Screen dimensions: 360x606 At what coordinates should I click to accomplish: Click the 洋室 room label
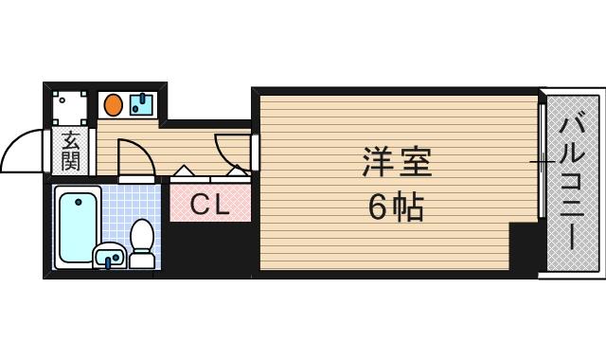396,164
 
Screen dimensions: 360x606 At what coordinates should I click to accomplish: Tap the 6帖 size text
396,207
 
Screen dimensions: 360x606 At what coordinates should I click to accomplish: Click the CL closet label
210,204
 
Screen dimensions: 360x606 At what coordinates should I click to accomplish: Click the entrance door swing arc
24,152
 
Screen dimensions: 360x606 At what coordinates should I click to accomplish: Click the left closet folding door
184,172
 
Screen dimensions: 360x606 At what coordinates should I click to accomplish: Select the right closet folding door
233,172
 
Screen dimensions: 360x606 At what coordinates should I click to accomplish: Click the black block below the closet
210,248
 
